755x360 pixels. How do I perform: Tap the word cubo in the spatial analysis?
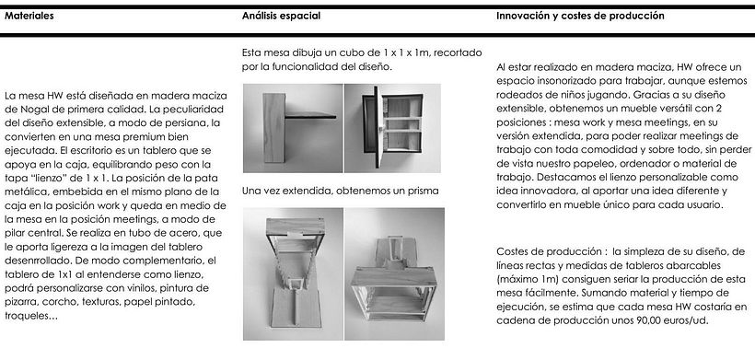(x=324, y=52)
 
